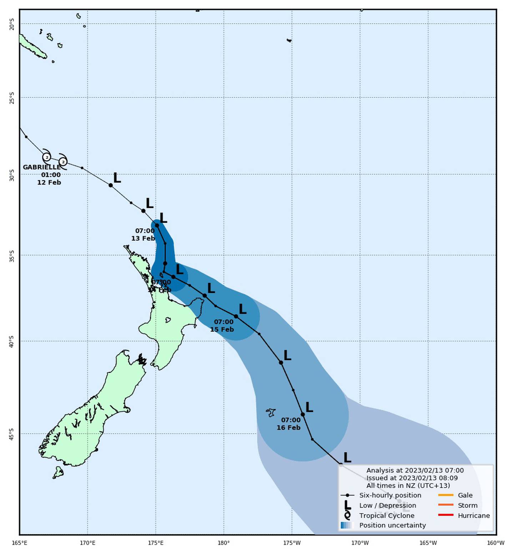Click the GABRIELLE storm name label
[42, 167]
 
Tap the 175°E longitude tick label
[156, 543]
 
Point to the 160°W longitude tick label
[496, 543]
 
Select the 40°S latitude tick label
[12, 341]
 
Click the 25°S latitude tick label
[12, 98]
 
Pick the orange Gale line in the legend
[445, 495]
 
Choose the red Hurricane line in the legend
[445, 515]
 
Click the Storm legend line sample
[445, 505]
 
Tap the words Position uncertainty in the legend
[392, 525]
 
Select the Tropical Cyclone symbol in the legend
[347, 515]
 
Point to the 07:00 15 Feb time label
[222, 326]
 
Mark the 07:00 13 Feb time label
[143, 235]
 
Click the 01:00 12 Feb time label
[50, 179]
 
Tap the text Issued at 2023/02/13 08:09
[412, 478]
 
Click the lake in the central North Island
[168, 320]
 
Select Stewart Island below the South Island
[58, 472]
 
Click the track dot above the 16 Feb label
[303, 415]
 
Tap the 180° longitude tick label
[224, 543]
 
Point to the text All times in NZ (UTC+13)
[408, 486]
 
